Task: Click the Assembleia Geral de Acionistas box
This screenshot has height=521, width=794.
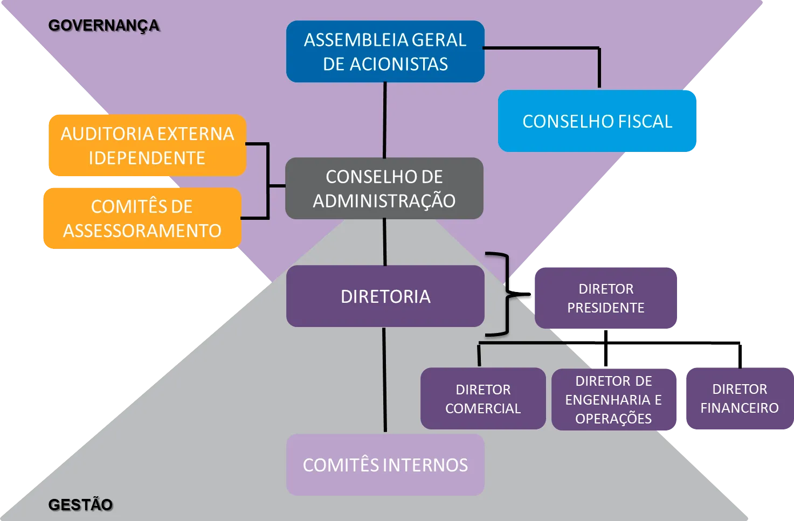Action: pyautogui.click(x=385, y=51)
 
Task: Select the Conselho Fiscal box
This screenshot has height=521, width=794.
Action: pyautogui.click(x=597, y=121)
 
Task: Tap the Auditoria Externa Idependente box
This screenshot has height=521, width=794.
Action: pyautogui.click(x=148, y=145)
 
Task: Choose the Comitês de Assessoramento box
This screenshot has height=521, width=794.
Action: pyautogui.click(x=142, y=218)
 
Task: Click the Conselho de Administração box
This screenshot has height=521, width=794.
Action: pyautogui.click(x=384, y=188)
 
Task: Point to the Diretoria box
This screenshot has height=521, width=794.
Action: pyautogui.click(x=385, y=296)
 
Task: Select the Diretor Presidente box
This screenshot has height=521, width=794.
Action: pyautogui.click(x=606, y=298)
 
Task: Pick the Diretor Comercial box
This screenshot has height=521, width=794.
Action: pyautogui.click(x=483, y=399)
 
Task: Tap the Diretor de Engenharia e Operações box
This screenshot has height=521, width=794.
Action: pyautogui.click(x=614, y=400)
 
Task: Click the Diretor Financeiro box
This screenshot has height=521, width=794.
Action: pyautogui.click(x=740, y=399)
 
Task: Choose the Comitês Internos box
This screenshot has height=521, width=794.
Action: pyautogui.click(x=385, y=464)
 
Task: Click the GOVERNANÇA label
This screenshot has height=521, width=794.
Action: pyautogui.click(x=104, y=26)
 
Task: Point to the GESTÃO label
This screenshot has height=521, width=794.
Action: pyautogui.click(x=80, y=504)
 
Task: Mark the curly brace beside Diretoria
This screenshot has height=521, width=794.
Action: pyautogui.click(x=508, y=294)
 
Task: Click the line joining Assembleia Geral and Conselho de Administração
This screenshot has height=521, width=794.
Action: pyautogui.click(x=384, y=120)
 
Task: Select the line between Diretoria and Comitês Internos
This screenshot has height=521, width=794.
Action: pyautogui.click(x=384, y=380)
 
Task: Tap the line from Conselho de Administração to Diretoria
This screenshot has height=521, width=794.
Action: pyautogui.click(x=384, y=242)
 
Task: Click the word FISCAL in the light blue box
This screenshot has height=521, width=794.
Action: pyautogui.click(x=645, y=121)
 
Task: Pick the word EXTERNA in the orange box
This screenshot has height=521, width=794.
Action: pyautogui.click(x=195, y=134)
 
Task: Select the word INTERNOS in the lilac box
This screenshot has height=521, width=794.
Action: pyautogui.click(x=426, y=465)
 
